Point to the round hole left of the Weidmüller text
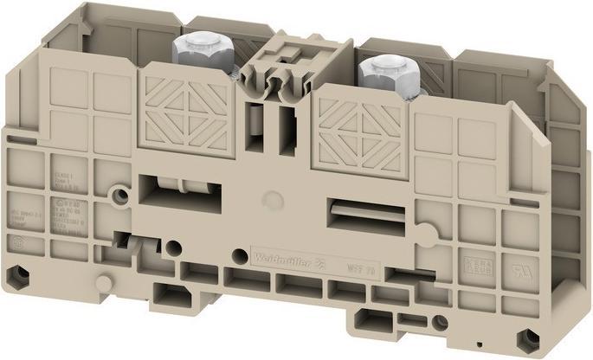pyautogui.click(x=235, y=253)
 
